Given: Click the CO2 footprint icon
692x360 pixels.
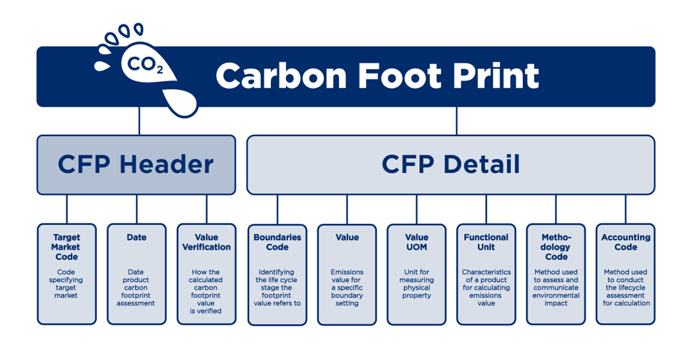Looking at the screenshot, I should (145, 65).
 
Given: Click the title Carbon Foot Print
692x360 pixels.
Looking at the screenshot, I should (377, 76).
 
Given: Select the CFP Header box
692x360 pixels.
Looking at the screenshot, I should (136, 164).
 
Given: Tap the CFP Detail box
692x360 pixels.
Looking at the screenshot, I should (451, 164).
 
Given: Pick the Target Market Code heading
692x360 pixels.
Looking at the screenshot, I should (66, 247).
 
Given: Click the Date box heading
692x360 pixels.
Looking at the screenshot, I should (136, 238).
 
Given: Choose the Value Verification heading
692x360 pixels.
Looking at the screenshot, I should (206, 242).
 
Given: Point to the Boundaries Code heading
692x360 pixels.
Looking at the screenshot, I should (277, 242).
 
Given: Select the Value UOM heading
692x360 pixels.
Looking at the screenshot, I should (416, 242).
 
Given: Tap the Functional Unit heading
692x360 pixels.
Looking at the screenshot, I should (486, 242).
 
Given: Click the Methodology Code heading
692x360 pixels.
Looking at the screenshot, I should (556, 247).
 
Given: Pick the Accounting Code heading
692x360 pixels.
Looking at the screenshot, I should (626, 242).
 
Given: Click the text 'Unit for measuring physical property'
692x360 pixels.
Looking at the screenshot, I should (416, 284).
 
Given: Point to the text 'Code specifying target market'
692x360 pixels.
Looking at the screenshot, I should (66, 284).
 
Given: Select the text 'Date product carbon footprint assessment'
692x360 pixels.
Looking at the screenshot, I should (136, 287).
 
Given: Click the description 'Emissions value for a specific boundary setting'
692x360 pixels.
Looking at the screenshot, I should (347, 287).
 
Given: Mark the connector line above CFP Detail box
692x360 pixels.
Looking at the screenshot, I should (456, 121).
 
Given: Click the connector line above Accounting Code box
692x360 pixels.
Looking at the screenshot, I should (626, 209).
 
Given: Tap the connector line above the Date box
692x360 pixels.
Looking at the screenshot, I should (137, 209).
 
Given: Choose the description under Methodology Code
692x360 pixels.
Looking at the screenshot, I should (556, 287).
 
